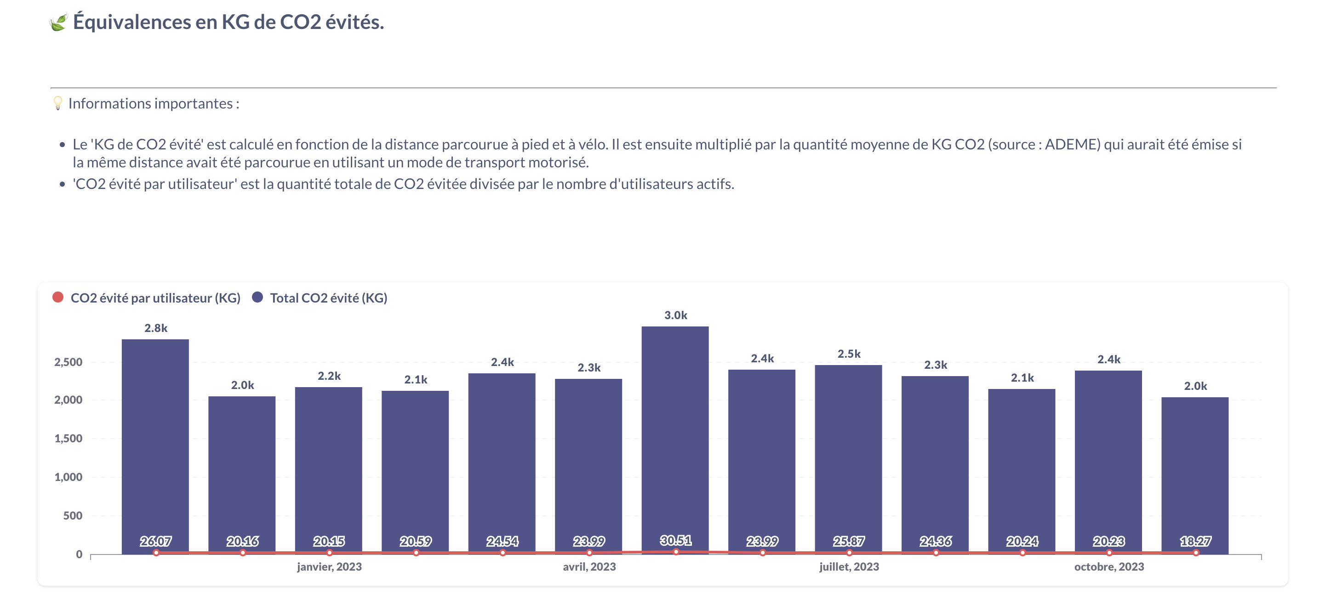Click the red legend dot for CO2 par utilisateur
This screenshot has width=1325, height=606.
[x=58, y=297]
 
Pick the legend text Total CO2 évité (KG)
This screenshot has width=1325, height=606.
[x=328, y=298]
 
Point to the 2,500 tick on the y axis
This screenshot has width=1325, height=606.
[x=69, y=362]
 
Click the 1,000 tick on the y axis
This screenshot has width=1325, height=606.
[x=69, y=477]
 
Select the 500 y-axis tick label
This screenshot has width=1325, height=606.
[x=73, y=515]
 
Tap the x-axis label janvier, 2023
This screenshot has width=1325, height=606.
[x=329, y=566]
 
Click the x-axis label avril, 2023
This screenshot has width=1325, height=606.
[x=589, y=566]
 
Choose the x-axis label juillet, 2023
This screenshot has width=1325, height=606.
[x=849, y=566]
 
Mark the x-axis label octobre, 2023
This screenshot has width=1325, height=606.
[x=1109, y=566]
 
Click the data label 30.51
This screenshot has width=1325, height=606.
[x=675, y=540]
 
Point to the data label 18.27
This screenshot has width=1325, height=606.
[x=1195, y=541]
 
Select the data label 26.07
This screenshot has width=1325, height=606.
[x=156, y=541]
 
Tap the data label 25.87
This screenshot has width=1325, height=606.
[x=849, y=541]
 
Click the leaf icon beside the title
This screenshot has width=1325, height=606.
[x=59, y=22]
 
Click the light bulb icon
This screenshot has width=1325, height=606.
[x=58, y=103]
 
